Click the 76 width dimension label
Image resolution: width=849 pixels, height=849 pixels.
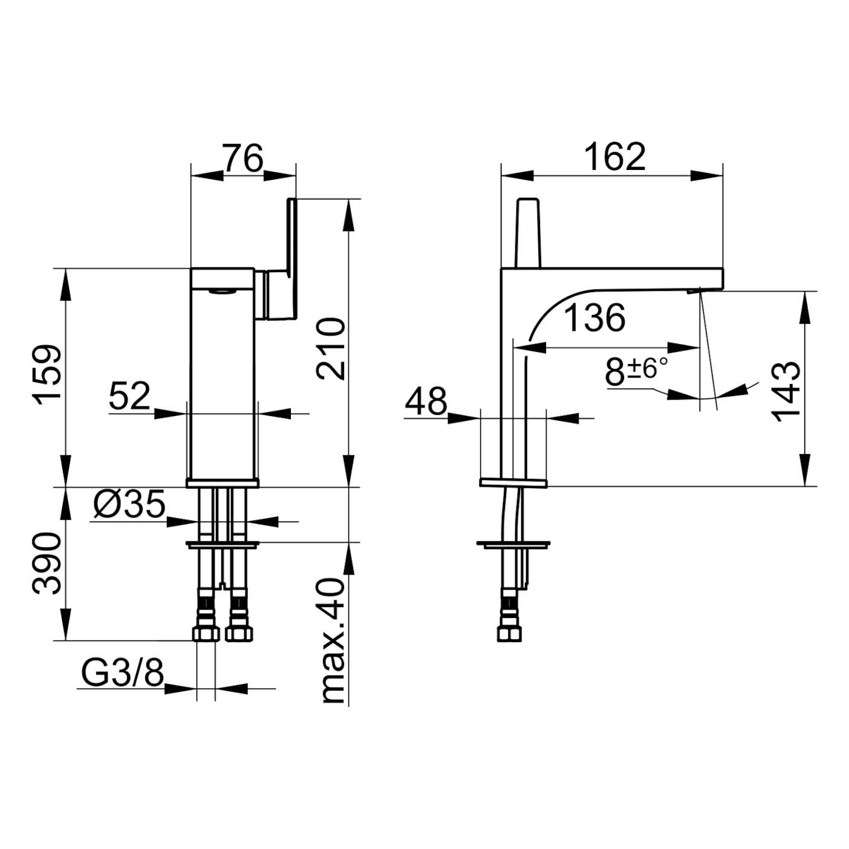(243, 157)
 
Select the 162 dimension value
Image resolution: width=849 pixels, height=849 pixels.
(615, 157)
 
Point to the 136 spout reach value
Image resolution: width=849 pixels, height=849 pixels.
(594, 317)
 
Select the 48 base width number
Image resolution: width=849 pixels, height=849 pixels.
(426, 401)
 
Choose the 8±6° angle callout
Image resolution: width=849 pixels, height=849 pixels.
(636, 371)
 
